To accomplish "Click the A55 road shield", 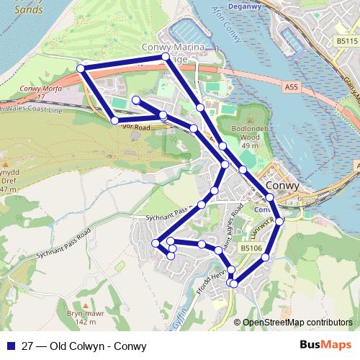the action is tap(291, 87).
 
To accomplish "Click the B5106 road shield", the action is tap(250, 248).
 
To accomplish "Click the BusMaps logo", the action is tap(326, 345).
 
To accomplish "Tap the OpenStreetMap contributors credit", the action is tap(297, 323).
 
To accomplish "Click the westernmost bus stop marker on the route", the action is tap(81, 68).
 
